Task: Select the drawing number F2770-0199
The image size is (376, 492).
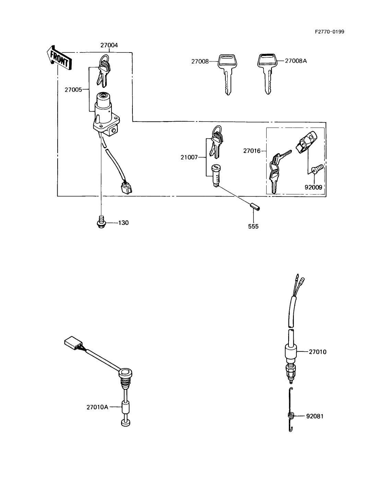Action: [x=329, y=32]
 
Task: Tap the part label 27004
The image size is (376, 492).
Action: [x=109, y=45]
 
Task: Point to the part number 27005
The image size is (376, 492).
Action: [x=73, y=90]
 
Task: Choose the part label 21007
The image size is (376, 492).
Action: [x=189, y=157]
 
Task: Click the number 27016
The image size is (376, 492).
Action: [x=252, y=151]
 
